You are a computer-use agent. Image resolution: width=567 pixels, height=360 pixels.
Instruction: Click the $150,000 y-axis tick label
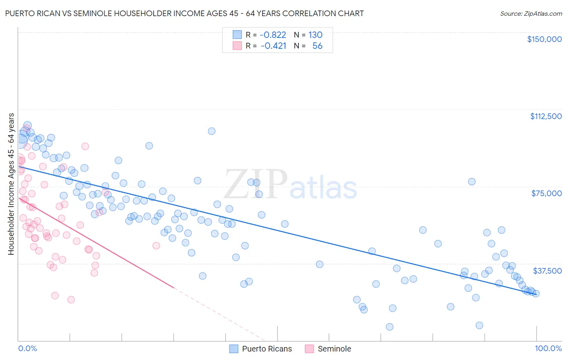point(544,39)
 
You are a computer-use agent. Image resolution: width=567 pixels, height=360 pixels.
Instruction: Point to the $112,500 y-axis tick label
point(546,116)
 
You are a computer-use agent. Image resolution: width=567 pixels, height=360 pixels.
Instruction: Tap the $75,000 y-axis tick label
point(546,193)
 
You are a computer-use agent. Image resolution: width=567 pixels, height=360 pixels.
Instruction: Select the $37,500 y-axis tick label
point(547,271)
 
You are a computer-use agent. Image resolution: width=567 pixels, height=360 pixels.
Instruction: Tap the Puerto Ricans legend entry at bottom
point(261,349)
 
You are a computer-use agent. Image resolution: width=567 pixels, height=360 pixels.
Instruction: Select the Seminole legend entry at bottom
point(328,349)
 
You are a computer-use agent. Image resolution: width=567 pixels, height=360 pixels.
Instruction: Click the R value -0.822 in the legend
point(273,35)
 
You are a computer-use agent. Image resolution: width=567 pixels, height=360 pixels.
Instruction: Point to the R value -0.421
point(273,46)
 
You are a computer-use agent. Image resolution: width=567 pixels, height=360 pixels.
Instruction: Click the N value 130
point(315,35)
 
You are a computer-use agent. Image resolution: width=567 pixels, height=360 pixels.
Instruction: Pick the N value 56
point(317,46)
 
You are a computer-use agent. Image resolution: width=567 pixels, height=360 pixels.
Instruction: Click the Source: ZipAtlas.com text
point(531,14)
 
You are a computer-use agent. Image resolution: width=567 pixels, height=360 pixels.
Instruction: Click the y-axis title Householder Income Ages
point(11,184)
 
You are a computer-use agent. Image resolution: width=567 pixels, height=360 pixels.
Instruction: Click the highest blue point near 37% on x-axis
point(211,131)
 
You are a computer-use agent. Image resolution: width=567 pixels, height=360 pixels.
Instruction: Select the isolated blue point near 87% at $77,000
point(471,182)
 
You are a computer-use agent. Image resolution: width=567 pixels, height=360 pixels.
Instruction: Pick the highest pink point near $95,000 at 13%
point(85,146)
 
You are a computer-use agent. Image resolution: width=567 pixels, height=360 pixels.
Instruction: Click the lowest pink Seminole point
point(71,299)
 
